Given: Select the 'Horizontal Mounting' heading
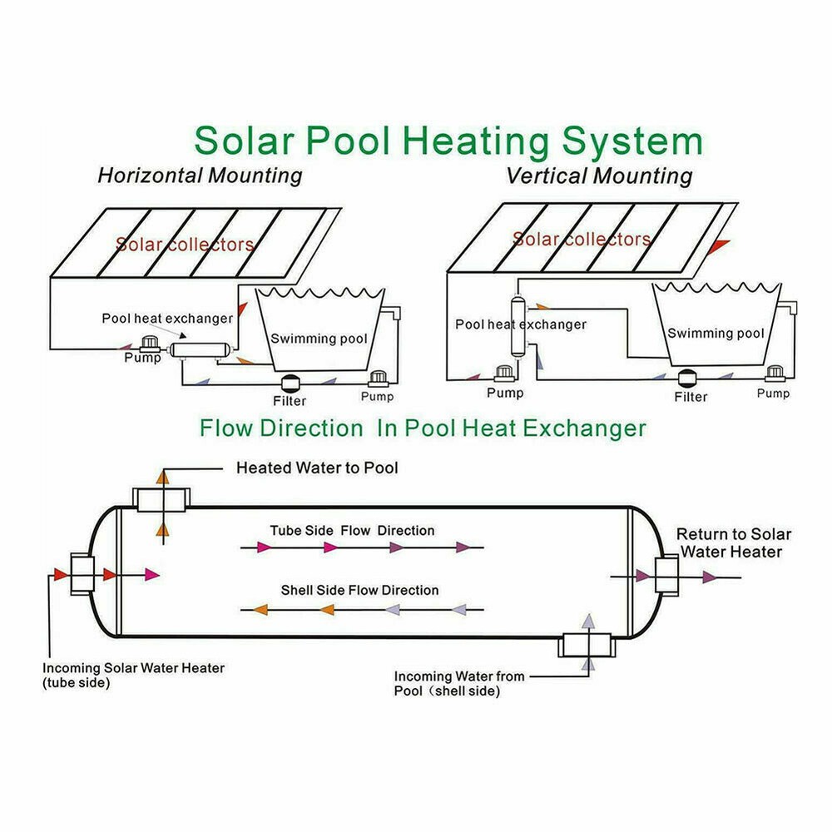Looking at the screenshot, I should tap(200, 176).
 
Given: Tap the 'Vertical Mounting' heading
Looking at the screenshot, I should tap(599, 176).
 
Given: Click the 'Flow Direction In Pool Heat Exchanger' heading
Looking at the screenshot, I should tap(423, 428).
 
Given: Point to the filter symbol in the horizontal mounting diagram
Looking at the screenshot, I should tap(291, 383).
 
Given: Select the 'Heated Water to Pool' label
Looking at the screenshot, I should tap(317, 468).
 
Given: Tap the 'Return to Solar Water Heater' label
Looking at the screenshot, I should tap(733, 543).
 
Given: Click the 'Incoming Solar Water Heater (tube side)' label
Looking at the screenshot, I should tap(133, 675).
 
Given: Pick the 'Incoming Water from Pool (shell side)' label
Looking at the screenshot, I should tap(459, 683).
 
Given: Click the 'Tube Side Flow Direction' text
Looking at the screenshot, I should tap(352, 530).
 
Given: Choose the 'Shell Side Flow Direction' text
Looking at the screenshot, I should tap(359, 590).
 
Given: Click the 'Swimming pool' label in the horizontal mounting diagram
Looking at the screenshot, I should tap(319, 339).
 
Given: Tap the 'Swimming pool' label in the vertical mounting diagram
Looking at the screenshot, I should tap(716, 334).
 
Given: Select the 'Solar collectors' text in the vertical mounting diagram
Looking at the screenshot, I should tap(582, 240).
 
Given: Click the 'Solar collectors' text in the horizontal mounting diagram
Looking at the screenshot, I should tap(185, 245).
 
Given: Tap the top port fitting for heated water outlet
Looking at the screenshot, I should tap(163, 500).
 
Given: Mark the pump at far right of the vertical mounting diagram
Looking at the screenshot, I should tap(775, 374).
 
